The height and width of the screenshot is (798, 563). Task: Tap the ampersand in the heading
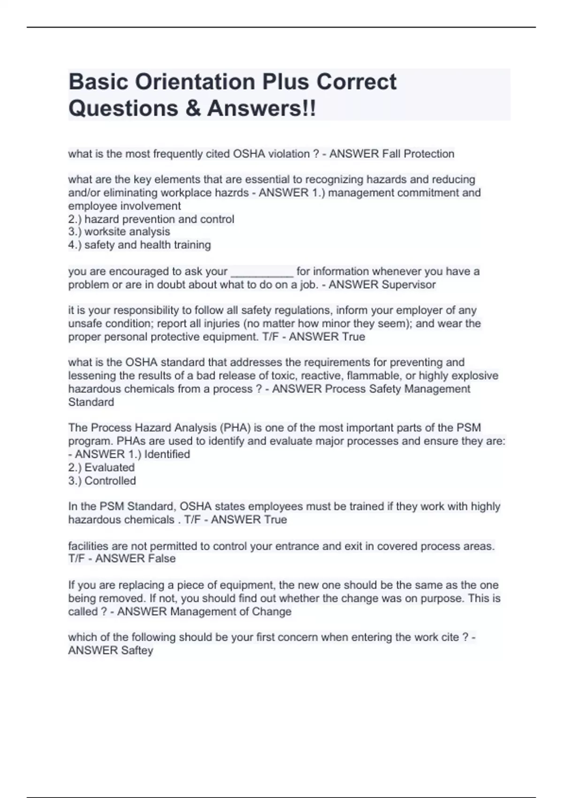(193, 108)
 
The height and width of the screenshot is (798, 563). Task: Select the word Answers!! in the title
(262, 108)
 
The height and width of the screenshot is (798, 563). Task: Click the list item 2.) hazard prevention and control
(151, 219)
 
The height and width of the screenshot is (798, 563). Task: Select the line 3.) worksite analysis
(119, 232)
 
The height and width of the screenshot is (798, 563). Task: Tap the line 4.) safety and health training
(139, 245)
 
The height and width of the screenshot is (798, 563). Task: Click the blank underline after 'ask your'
(262, 272)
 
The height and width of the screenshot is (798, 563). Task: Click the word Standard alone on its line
(91, 402)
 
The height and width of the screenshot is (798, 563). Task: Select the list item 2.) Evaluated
(101, 468)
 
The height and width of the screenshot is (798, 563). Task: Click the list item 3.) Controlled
(102, 481)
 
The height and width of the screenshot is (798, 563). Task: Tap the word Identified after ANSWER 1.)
(167, 454)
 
